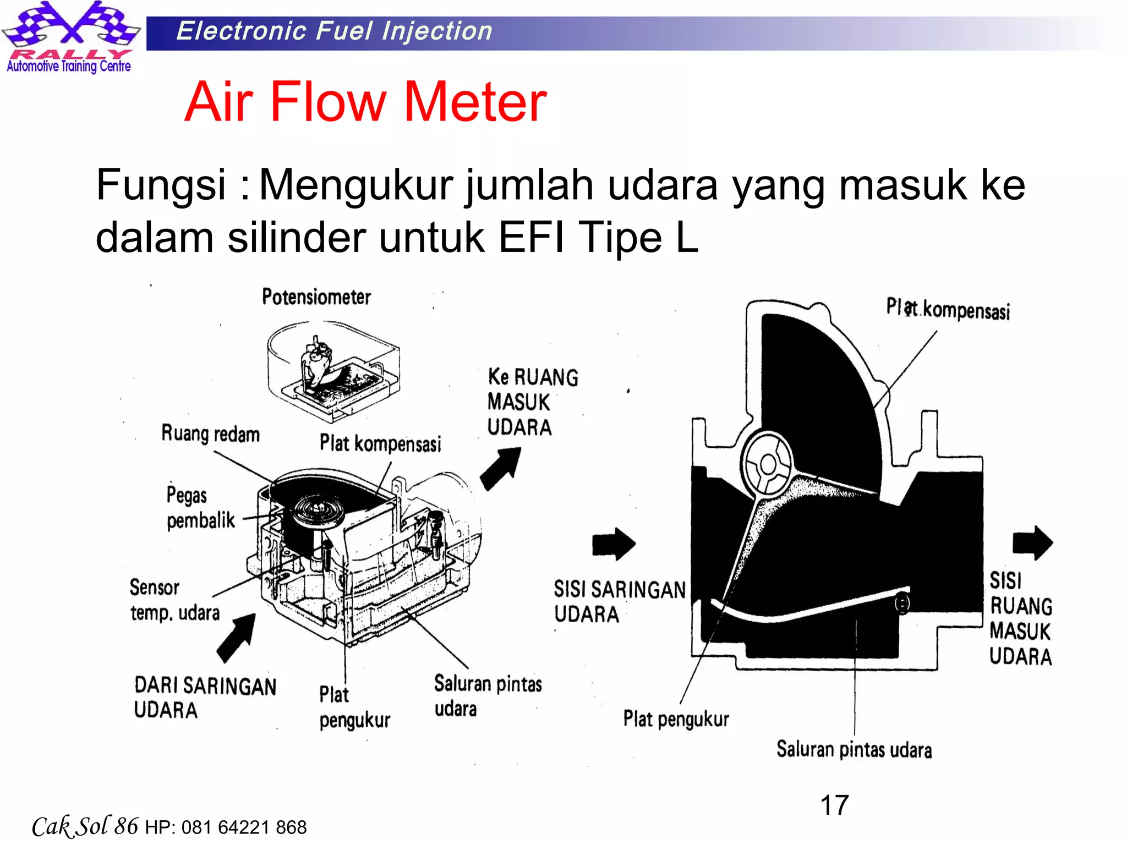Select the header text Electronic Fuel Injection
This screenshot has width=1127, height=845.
click(x=334, y=31)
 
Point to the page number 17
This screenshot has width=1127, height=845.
click(x=834, y=805)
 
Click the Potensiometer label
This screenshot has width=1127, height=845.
click(x=316, y=297)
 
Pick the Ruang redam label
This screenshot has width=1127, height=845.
click(x=210, y=434)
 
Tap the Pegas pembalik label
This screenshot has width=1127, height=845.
click(x=200, y=507)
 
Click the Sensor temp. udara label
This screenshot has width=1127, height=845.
click(x=174, y=600)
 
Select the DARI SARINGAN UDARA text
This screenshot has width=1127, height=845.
click(x=205, y=698)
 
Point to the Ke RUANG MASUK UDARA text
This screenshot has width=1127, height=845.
click(x=532, y=402)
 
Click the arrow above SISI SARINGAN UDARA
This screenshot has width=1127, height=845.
click(x=614, y=544)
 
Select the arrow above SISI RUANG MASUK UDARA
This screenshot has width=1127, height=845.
click(x=1032, y=542)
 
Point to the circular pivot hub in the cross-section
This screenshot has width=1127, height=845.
click(x=767, y=465)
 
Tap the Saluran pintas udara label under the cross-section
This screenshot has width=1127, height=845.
click(x=854, y=750)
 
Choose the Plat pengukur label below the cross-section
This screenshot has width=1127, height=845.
click(x=676, y=719)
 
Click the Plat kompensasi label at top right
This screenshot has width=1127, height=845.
click(x=948, y=309)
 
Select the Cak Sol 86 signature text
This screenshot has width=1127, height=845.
click(x=85, y=826)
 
